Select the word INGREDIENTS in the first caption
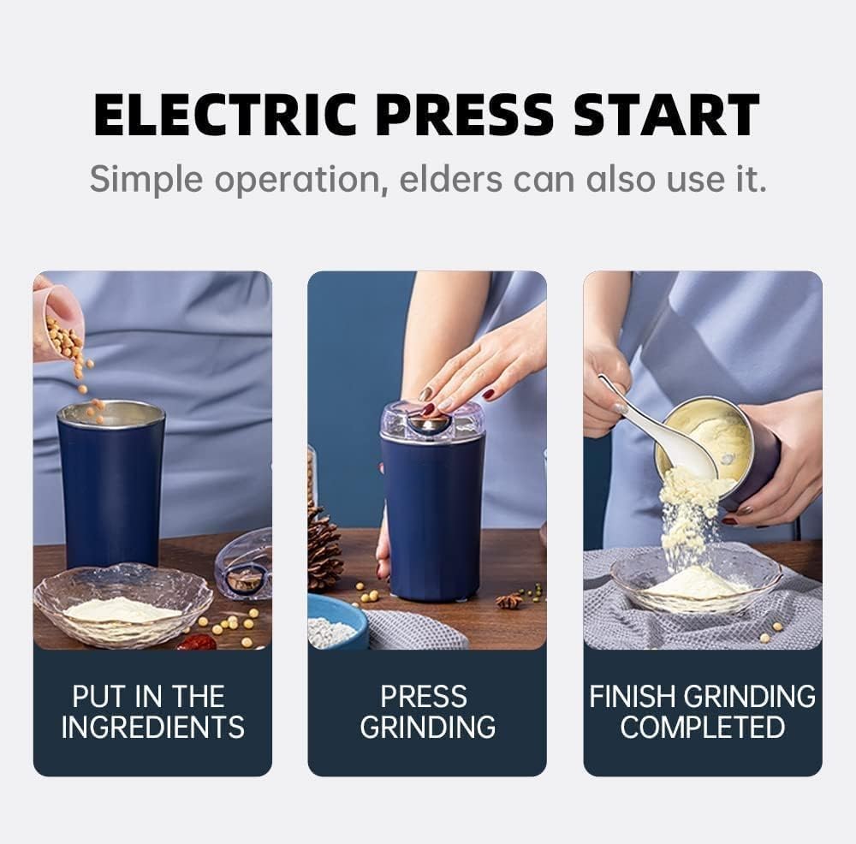[152, 727]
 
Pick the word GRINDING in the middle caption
[427, 727]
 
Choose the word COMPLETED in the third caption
[702, 727]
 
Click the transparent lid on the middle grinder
[432, 421]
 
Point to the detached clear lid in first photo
[245, 564]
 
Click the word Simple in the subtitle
[146, 180]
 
